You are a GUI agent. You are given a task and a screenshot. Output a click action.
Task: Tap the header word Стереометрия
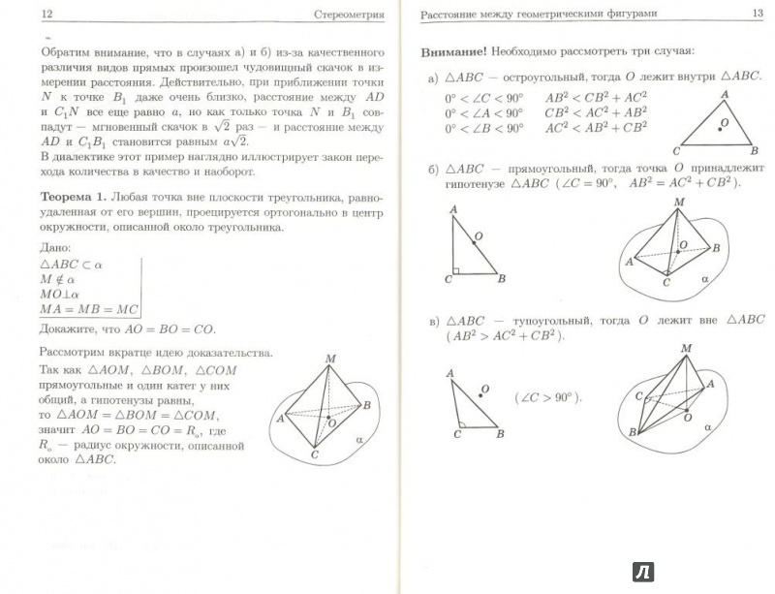343,15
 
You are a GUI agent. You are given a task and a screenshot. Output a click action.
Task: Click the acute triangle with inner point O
719,124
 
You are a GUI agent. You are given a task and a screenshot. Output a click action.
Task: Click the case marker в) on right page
432,322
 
